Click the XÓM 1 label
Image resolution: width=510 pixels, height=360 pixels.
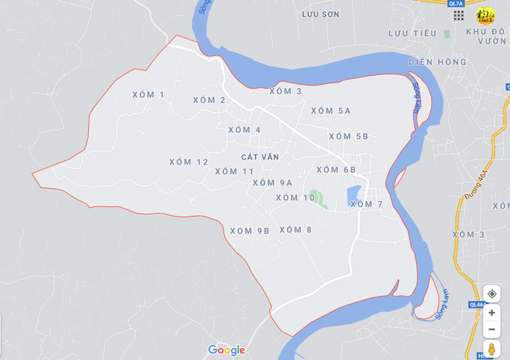[x=148, y=95]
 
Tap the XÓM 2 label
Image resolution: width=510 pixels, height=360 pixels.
[x=209, y=100]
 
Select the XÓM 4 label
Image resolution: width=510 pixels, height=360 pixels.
[x=244, y=130]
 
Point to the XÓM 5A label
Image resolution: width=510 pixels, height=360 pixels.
[x=331, y=111]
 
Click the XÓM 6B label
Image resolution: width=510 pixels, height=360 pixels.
[x=336, y=170]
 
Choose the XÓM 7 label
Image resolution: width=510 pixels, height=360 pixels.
[x=366, y=205]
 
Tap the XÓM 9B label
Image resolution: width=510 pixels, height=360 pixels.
[x=249, y=231]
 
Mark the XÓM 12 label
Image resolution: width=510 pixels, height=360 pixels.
[x=188, y=162]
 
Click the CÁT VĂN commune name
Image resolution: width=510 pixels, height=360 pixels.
[x=259, y=157]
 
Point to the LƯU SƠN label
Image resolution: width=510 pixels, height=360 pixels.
[x=320, y=14]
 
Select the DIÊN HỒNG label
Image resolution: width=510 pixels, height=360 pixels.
[x=438, y=62]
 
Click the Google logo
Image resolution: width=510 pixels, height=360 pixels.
[x=226, y=351]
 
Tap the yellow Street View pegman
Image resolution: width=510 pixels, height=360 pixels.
[x=492, y=349]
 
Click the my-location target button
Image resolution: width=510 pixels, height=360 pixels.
[x=492, y=294]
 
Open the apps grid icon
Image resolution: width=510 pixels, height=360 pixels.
[x=458, y=15]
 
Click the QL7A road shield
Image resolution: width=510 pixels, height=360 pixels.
[x=456, y=3]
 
